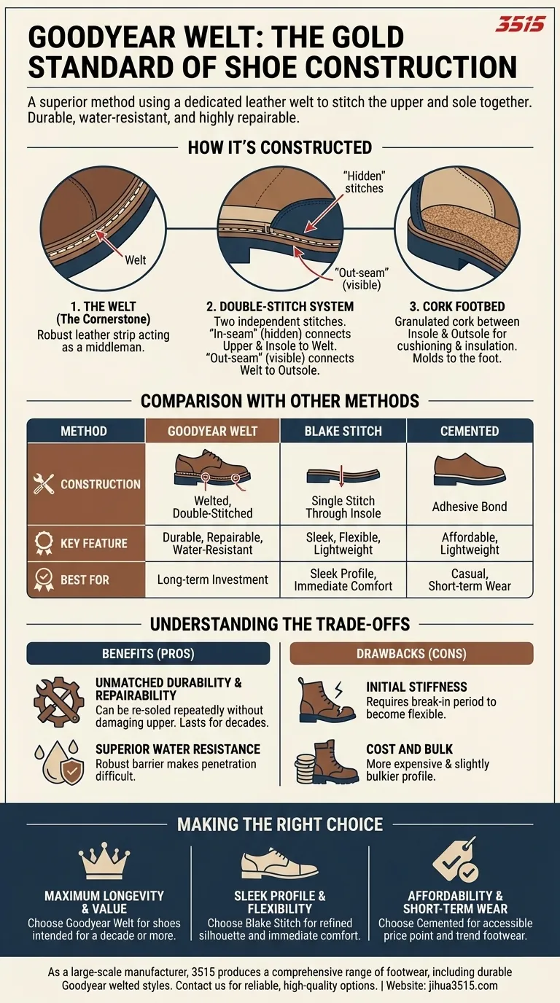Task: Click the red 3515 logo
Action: tap(520, 25)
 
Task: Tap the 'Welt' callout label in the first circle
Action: tap(136, 259)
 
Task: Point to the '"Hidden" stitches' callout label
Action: tap(364, 182)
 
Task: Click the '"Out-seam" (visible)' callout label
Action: tap(357, 278)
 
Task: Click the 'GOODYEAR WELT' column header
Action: tap(212, 431)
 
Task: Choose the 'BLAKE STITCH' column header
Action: tap(343, 431)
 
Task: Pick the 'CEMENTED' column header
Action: tap(470, 431)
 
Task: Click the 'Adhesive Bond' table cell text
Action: tap(470, 507)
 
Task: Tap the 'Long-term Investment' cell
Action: tap(212, 579)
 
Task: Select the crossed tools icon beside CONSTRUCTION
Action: tap(44, 484)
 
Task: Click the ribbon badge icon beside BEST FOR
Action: tap(44, 580)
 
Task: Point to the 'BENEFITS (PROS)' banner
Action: tap(148, 654)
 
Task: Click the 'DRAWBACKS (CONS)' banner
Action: tap(411, 654)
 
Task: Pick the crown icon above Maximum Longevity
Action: tap(104, 863)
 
